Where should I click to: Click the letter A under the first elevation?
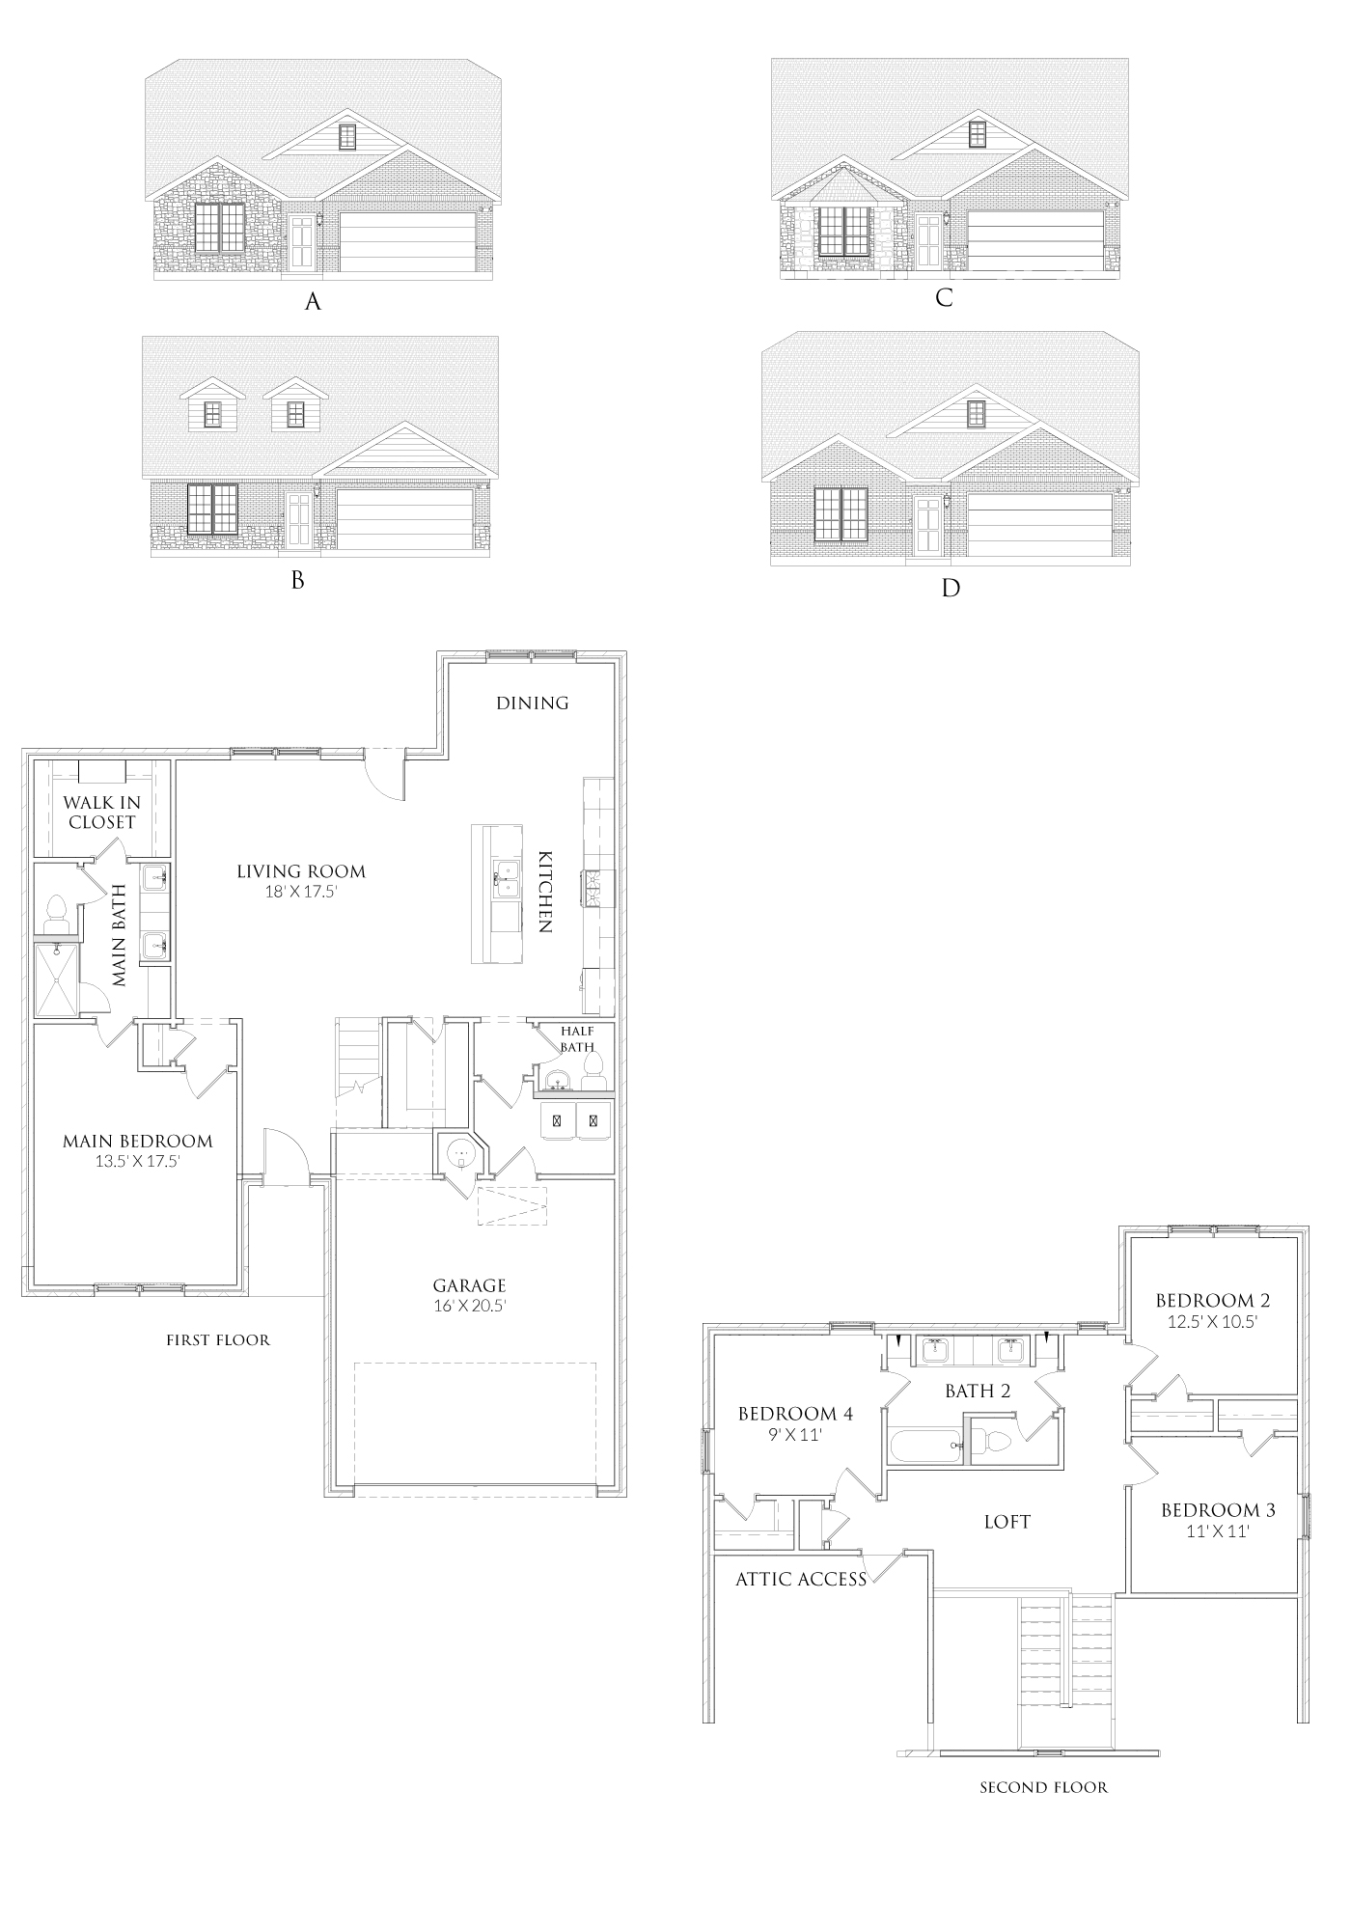coord(312,302)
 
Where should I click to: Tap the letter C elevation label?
coord(944,297)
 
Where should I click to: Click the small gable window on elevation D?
coord(976,414)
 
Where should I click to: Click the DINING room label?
coord(533,703)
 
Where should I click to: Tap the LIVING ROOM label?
coord(301,871)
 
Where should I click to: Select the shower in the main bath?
coord(56,979)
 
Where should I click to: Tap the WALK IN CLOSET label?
coord(101,812)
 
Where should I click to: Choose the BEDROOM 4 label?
coord(795,1414)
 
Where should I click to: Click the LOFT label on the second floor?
coord(1006,1522)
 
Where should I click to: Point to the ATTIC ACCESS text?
coord(801,1580)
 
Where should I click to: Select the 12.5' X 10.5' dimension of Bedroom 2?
coord(1212,1322)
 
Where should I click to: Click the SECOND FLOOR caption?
coord(1043,1787)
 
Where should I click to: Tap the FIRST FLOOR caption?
coord(218,1339)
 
